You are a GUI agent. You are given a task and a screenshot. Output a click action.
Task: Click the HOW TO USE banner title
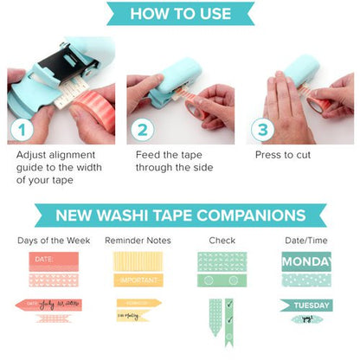pyautogui.click(x=180, y=14)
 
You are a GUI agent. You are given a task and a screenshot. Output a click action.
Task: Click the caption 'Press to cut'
pyautogui.click(x=283, y=156)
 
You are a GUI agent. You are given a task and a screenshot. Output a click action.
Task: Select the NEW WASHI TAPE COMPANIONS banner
pyautogui.click(x=180, y=215)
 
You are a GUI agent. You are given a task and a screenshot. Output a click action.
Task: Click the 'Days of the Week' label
pyautogui.click(x=51, y=240)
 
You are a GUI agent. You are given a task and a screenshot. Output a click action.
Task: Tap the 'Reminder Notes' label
pyautogui.click(x=139, y=240)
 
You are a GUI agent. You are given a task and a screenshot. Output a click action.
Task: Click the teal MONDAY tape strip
pyautogui.click(x=306, y=260)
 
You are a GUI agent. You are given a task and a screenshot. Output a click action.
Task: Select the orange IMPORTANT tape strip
pyautogui.click(x=139, y=280)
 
